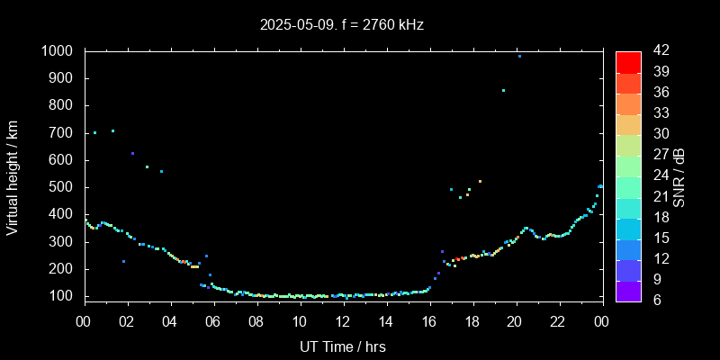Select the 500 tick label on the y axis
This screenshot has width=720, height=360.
click(x=64, y=187)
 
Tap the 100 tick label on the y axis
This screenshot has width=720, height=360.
click(x=64, y=296)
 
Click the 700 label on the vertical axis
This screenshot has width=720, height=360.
click(x=64, y=133)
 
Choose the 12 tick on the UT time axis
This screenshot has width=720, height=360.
click(x=343, y=321)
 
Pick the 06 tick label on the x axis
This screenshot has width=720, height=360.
click(x=213, y=321)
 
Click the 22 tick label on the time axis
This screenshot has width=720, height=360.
click(x=558, y=321)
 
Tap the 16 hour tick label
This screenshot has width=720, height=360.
click(x=428, y=321)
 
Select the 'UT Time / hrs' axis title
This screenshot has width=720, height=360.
click(x=343, y=346)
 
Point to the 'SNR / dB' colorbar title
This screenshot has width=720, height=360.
click(x=679, y=176)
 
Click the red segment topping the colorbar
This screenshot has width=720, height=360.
click(x=628, y=61)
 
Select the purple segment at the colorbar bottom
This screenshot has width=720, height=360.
click(x=628, y=290)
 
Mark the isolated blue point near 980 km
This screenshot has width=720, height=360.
click(x=519, y=56)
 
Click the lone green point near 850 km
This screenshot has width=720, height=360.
click(x=503, y=90)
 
